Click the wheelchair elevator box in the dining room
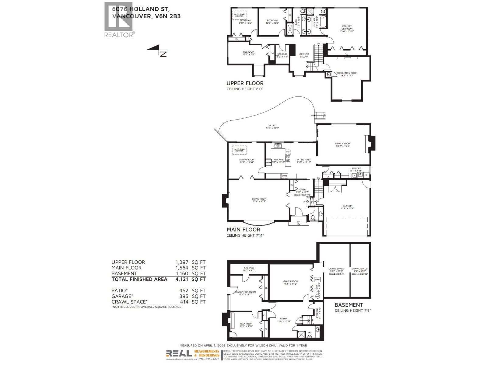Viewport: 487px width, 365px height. click(239, 150)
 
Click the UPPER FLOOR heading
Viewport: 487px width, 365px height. click(245, 83)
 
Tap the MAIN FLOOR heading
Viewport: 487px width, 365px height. click(243, 230)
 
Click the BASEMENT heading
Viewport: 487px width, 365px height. click(349, 305)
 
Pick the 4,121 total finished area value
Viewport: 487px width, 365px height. click(182, 279)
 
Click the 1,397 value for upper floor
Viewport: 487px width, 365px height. click(182, 262)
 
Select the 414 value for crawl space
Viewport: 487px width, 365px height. click(184, 302)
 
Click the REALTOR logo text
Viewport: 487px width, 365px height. click(118, 35)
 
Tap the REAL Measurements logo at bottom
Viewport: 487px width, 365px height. click(179, 353)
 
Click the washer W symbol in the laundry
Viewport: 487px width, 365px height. click(360, 175)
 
